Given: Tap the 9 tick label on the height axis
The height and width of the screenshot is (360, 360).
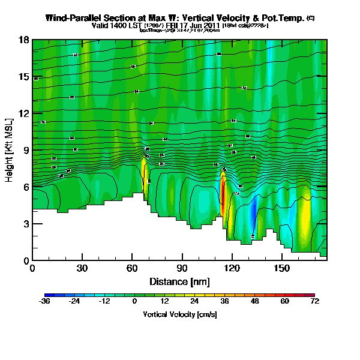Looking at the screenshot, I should click(x=26, y=150).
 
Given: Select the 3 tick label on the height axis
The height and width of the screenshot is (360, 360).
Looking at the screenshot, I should click(x=26, y=224).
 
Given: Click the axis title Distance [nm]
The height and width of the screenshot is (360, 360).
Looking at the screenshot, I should click(x=179, y=281).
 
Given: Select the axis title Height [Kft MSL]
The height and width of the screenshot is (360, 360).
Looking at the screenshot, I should click(x=10, y=150).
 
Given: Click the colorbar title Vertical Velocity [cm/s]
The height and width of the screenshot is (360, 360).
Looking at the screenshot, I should click(x=179, y=314).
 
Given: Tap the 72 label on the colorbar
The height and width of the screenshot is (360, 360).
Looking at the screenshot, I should click(x=314, y=302).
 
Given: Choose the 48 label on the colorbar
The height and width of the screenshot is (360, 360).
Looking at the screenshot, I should click(x=254, y=302).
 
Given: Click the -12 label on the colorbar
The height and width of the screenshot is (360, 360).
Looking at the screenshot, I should click(x=104, y=302).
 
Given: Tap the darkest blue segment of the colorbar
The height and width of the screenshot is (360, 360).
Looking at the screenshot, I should click(x=49, y=295).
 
